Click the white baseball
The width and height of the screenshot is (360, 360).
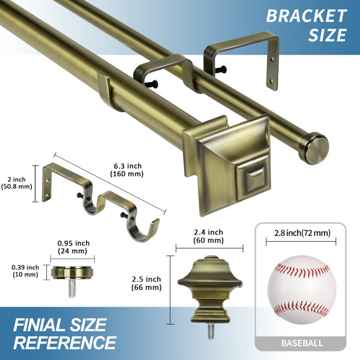[302, 290]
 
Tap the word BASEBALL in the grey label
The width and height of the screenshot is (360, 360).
[302, 343]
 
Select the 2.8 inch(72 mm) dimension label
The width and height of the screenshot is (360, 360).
[302, 233]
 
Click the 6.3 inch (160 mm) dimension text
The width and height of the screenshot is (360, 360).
[127, 170]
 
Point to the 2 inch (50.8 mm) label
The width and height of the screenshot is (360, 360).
[17, 183]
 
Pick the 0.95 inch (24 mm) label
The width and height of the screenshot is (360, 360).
[73, 247]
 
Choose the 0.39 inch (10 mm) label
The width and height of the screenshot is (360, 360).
[25, 271]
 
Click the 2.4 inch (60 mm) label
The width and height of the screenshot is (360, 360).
[208, 236]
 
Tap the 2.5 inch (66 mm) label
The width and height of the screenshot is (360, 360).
[146, 283]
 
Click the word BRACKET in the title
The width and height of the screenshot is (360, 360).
[306, 16]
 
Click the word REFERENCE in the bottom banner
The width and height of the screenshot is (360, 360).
[65, 343]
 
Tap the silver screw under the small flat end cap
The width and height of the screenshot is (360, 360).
[72, 288]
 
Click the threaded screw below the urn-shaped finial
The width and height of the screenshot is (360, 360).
[211, 331]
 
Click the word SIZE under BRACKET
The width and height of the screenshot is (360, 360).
[328, 35]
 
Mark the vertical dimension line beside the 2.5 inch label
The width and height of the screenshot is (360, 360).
[170, 290]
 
